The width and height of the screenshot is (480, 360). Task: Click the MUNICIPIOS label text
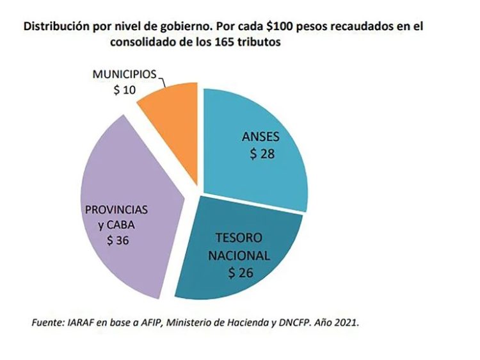124,75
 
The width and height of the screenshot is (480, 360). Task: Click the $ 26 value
241,273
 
